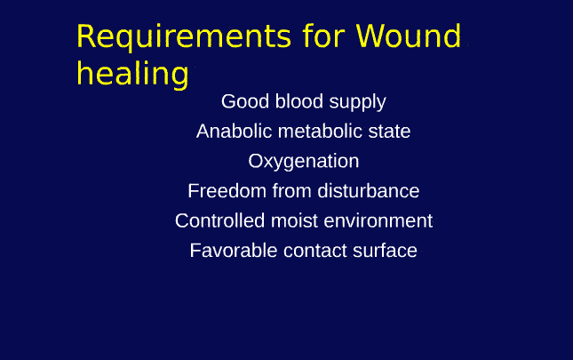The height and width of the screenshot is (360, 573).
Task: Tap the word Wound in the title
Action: (x=409, y=37)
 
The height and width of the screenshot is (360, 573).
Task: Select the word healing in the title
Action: (x=132, y=73)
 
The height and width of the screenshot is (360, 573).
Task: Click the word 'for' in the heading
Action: (x=322, y=37)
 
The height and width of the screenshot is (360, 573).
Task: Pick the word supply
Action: (x=357, y=103)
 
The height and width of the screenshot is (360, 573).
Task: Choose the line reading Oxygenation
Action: (x=303, y=162)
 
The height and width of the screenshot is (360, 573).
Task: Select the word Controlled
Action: (x=218, y=220)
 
